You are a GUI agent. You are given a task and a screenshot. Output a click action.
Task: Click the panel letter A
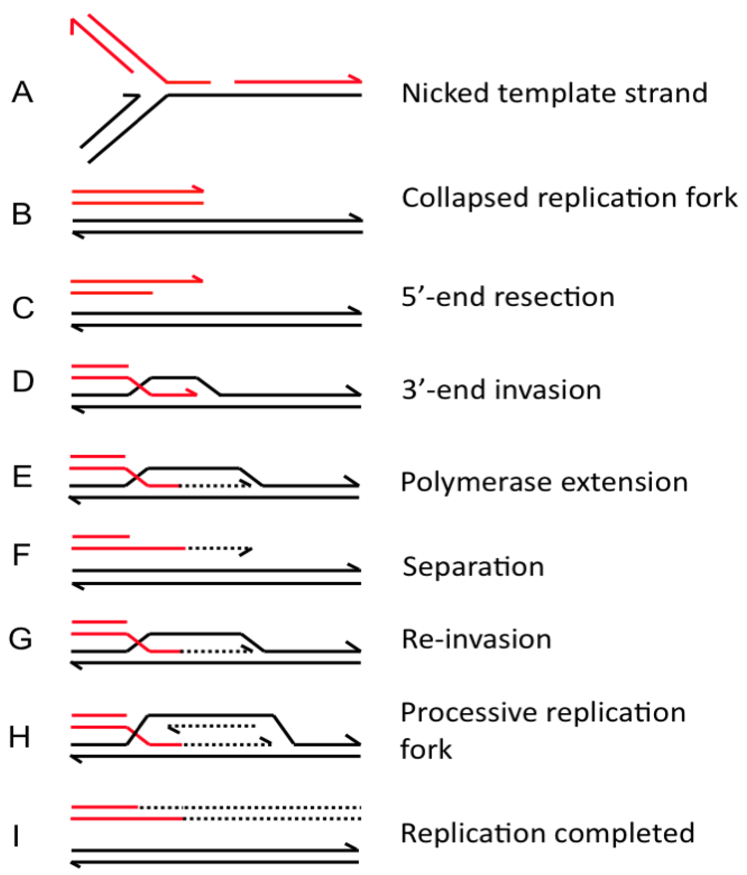(x=22, y=92)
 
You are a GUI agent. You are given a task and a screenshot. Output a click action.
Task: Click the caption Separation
(x=473, y=566)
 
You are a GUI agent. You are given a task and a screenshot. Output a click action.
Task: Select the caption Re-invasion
(x=476, y=639)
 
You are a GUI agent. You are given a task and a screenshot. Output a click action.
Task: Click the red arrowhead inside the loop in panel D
(x=192, y=394)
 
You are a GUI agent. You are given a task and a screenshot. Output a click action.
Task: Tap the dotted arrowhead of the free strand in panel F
(x=246, y=550)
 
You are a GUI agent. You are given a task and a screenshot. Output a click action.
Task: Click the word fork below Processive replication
(x=426, y=749)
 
